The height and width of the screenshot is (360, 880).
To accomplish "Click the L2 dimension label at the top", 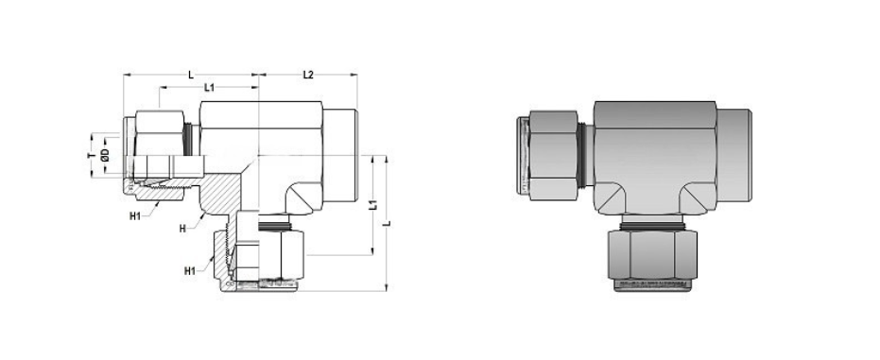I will [x=307, y=74].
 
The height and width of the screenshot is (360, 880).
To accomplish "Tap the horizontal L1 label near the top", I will [x=210, y=88].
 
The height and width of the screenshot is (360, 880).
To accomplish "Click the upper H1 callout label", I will [x=135, y=216].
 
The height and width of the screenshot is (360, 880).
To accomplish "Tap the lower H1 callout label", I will [x=190, y=272].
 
